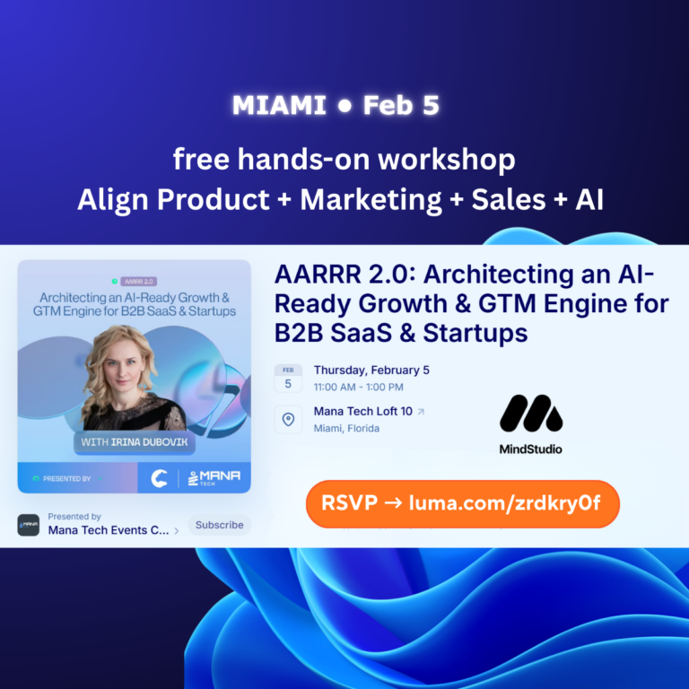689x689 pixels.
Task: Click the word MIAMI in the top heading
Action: click(279, 105)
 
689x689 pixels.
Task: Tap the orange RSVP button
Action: click(463, 503)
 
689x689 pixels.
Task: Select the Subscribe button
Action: click(219, 525)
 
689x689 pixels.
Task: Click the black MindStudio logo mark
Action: click(531, 414)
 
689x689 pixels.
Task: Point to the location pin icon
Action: click(288, 419)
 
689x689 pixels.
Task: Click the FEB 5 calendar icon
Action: click(288, 378)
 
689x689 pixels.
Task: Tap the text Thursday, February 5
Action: click(371, 371)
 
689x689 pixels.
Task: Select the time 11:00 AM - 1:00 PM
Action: click(358, 388)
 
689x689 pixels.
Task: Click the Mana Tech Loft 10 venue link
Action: click(363, 411)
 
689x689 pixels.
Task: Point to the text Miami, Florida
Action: click(346, 429)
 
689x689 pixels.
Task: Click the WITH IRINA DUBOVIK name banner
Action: click(135, 442)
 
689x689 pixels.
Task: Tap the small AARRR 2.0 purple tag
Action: click(138, 281)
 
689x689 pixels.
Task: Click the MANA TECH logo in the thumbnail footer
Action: click(214, 477)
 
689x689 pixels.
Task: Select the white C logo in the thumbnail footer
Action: click(159, 478)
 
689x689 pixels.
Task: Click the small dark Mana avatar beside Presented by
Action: click(29, 525)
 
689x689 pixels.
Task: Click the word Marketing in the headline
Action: click(371, 200)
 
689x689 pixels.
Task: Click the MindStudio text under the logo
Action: click(531, 449)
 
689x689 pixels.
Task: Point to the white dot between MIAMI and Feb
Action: click(344, 106)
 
